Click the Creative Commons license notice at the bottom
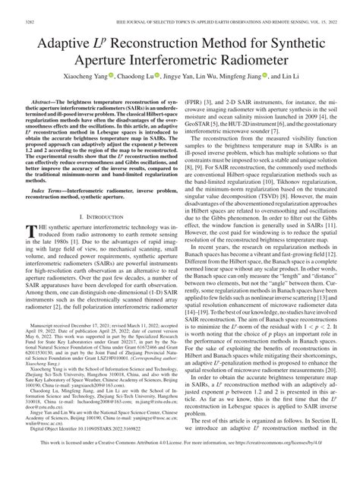pyautogui.click(x=180, y=463)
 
